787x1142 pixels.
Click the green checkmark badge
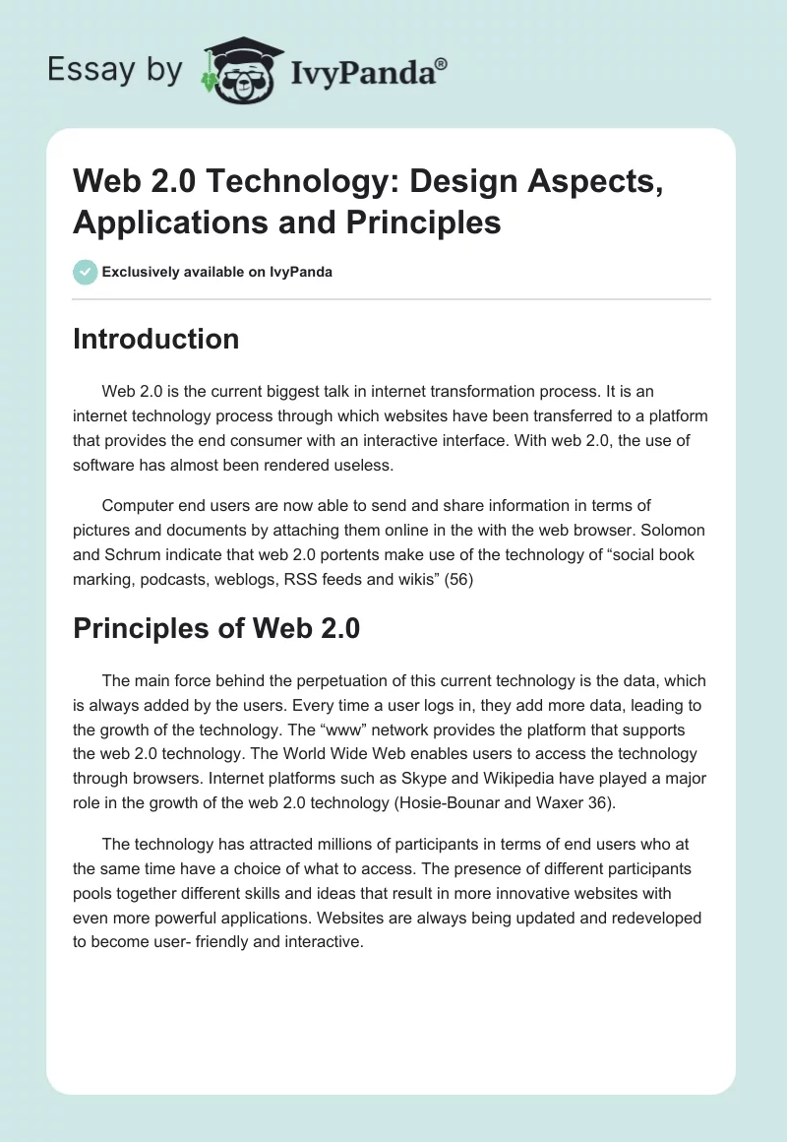[86, 272]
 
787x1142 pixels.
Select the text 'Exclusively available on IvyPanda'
[217, 272]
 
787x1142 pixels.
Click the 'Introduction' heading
[156, 339]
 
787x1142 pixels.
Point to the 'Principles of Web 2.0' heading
[216, 628]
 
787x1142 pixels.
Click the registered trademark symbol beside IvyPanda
[442, 64]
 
